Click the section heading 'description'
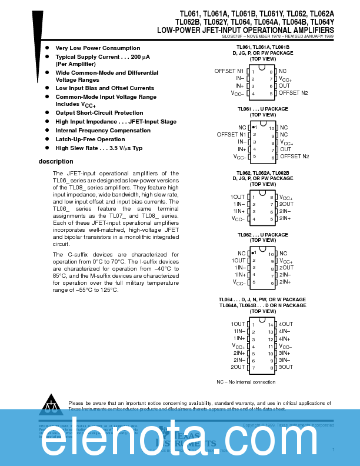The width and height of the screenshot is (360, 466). click(x=56, y=161)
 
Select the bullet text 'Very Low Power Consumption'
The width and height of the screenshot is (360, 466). click(x=98, y=48)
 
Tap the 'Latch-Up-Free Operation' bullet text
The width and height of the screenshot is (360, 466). click(x=90, y=139)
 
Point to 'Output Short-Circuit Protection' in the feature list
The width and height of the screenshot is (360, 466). click(x=99, y=112)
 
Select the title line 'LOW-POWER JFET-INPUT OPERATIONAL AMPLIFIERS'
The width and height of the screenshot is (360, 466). click(x=245, y=29)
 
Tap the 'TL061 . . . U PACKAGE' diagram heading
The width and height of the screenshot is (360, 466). click(x=262, y=109)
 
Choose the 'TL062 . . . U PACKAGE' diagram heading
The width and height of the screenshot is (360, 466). click(x=262, y=235)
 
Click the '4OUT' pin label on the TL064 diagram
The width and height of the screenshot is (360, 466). click(x=286, y=324)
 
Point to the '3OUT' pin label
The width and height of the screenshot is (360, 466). click(x=286, y=367)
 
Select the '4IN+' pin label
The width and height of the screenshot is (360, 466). click(x=285, y=339)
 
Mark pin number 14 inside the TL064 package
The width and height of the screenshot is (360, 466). click(x=271, y=325)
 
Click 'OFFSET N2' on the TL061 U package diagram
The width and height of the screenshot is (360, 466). click(x=294, y=157)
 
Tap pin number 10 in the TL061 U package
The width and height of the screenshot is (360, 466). click(x=272, y=128)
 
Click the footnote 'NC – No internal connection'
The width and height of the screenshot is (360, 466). click(x=246, y=382)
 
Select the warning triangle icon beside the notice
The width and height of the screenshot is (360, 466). click(x=53, y=403)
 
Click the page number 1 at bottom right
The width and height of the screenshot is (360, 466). click(x=333, y=450)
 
